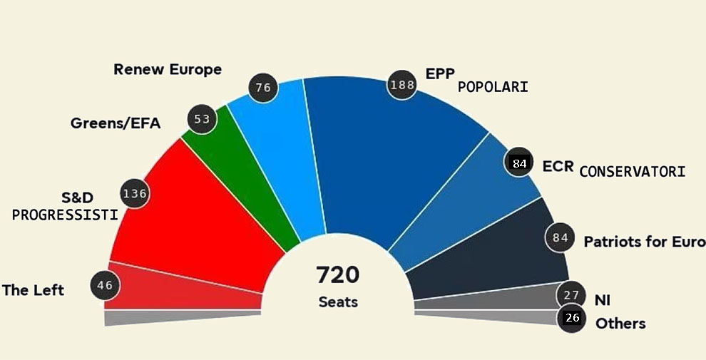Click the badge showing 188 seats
[x=401, y=86]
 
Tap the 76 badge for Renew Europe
[x=263, y=88]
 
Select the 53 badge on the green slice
[x=202, y=119]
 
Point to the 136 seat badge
[x=135, y=193]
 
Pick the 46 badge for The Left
[x=105, y=286]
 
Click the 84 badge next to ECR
[x=519, y=164]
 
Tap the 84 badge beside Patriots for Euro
[x=561, y=237]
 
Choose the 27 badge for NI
[x=571, y=295]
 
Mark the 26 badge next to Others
[x=572, y=318]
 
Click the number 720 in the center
[x=338, y=274]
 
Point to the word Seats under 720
[x=338, y=302]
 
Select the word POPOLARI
[x=493, y=87]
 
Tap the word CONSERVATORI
[x=632, y=172]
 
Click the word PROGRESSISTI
[x=65, y=215]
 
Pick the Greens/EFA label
[x=116, y=123]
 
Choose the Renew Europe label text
[x=168, y=70]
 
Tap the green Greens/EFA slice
[x=242, y=178]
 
